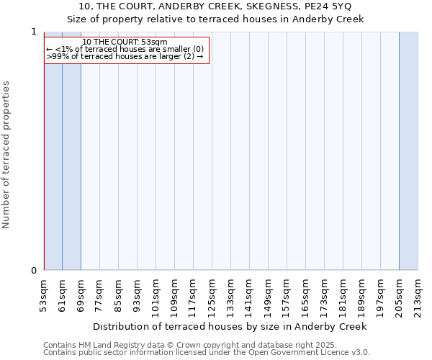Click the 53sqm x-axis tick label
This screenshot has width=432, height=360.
coord(44,294)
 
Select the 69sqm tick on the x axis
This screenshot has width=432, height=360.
coord(81,294)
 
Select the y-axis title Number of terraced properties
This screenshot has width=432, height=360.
coord(6,155)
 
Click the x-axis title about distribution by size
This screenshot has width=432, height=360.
coord(230,326)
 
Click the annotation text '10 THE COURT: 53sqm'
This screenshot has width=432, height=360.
coord(125,42)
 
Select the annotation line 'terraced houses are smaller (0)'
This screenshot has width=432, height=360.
coord(125,49)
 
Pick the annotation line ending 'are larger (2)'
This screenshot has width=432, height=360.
coord(125,56)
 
